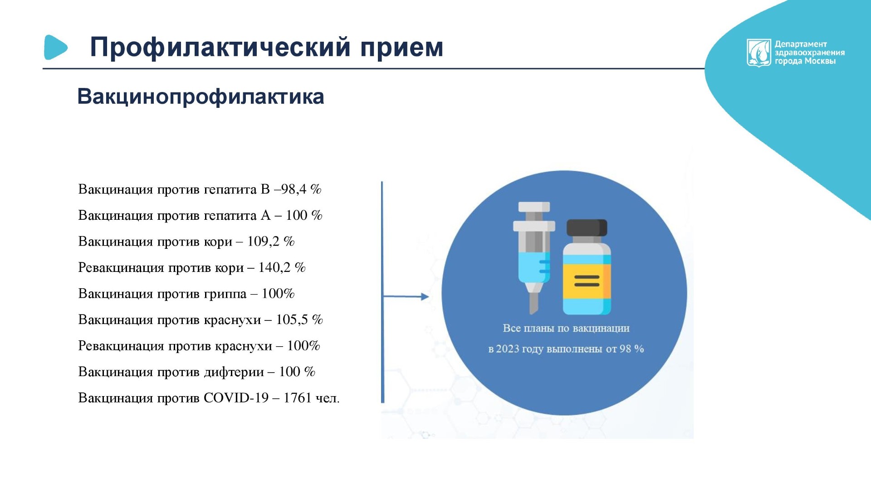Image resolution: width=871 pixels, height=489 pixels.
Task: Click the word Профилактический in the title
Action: (220, 48)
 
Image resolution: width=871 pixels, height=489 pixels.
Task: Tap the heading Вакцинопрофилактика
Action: (201, 97)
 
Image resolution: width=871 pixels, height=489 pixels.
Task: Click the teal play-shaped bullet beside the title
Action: (55, 47)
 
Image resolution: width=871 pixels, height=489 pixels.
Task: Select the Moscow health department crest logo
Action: (758, 53)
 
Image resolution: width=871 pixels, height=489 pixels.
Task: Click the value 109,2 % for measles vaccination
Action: (271, 241)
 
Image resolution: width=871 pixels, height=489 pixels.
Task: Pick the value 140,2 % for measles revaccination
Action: (282, 267)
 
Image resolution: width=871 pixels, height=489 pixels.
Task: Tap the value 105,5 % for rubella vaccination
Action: (299, 320)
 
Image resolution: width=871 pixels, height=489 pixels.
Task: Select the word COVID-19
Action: (236, 398)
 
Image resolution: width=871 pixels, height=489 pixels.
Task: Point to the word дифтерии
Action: (234, 372)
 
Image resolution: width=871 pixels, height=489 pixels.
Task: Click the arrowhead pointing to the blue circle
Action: (425, 297)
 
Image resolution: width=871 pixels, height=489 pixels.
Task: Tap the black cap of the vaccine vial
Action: (587, 228)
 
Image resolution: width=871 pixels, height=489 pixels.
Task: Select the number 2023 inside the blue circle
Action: (508, 349)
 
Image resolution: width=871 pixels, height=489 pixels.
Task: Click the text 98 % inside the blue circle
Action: (632, 349)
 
